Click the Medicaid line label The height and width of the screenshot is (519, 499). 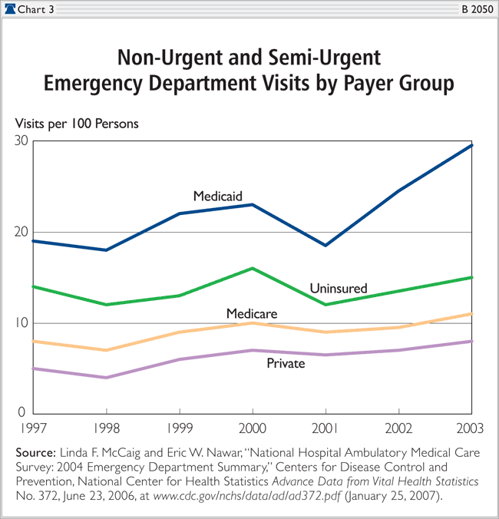pyautogui.click(x=217, y=196)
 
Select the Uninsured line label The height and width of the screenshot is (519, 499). pyautogui.click(x=338, y=289)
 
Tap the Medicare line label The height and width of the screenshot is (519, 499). pyautogui.click(x=252, y=313)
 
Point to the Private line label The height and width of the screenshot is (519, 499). pyautogui.click(x=285, y=362)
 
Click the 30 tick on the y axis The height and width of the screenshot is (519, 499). pyautogui.click(x=20, y=141)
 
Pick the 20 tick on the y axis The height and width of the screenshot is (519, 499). pyautogui.click(x=20, y=232)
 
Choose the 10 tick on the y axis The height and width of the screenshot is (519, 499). pyautogui.click(x=20, y=322)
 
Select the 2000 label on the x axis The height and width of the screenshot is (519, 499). pyautogui.click(x=252, y=427)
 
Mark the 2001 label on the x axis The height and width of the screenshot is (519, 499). pyautogui.click(x=325, y=427)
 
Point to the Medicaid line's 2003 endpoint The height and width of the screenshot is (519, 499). pyautogui.click(x=471, y=144)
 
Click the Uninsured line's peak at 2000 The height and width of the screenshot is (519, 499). pyautogui.click(x=252, y=268)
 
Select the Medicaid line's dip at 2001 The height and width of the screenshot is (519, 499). pyautogui.click(x=325, y=245)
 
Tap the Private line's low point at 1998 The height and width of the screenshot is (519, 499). pyautogui.click(x=106, y=377)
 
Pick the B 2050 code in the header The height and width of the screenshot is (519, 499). pyautogui.click(x=476, y=8)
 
